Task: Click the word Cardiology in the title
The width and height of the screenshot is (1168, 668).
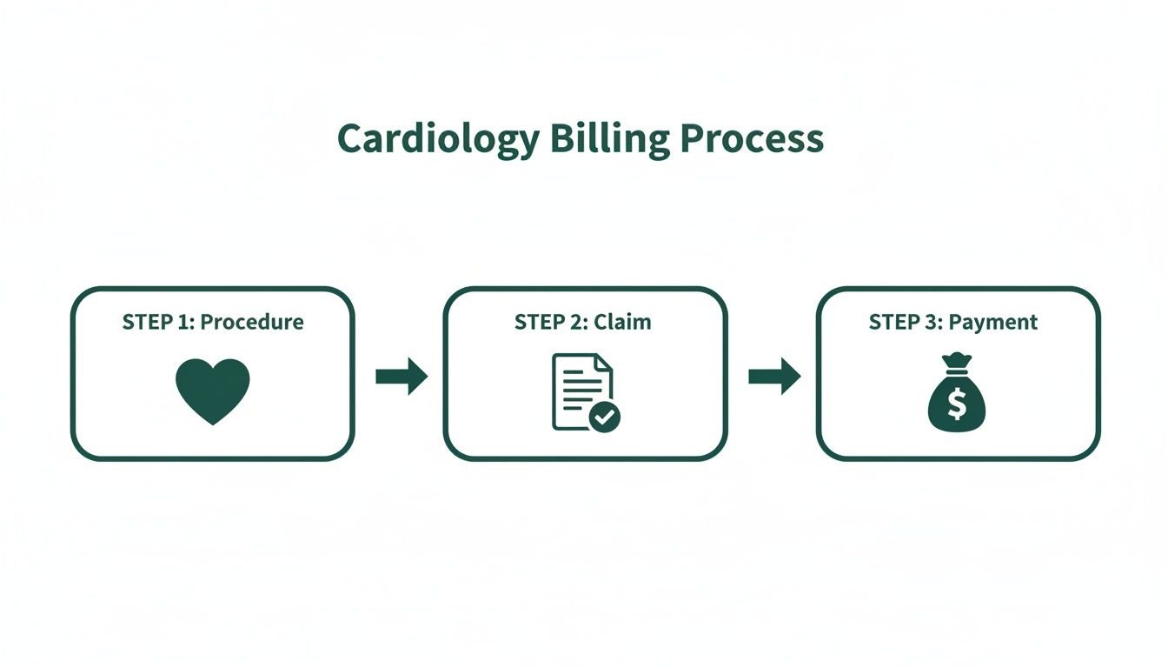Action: (438, 140)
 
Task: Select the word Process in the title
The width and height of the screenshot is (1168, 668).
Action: (752, 140)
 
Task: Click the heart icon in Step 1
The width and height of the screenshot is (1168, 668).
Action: (213, 391)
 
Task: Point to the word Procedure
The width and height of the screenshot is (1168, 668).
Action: (252, 323)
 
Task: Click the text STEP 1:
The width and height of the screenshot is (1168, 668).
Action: (158, 323)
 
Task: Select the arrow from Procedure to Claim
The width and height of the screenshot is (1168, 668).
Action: (401, 377)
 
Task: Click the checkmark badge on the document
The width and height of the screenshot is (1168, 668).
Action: (605, 417)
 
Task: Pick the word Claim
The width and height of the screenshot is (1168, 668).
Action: (622, 323)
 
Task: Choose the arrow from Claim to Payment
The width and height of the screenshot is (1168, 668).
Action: (774, 377)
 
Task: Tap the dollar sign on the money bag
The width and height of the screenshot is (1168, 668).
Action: (957, 404)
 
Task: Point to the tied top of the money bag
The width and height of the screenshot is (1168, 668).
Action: (957, 362)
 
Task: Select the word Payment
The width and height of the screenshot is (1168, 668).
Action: (992, 323)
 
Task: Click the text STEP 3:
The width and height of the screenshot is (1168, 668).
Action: (906, 323)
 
